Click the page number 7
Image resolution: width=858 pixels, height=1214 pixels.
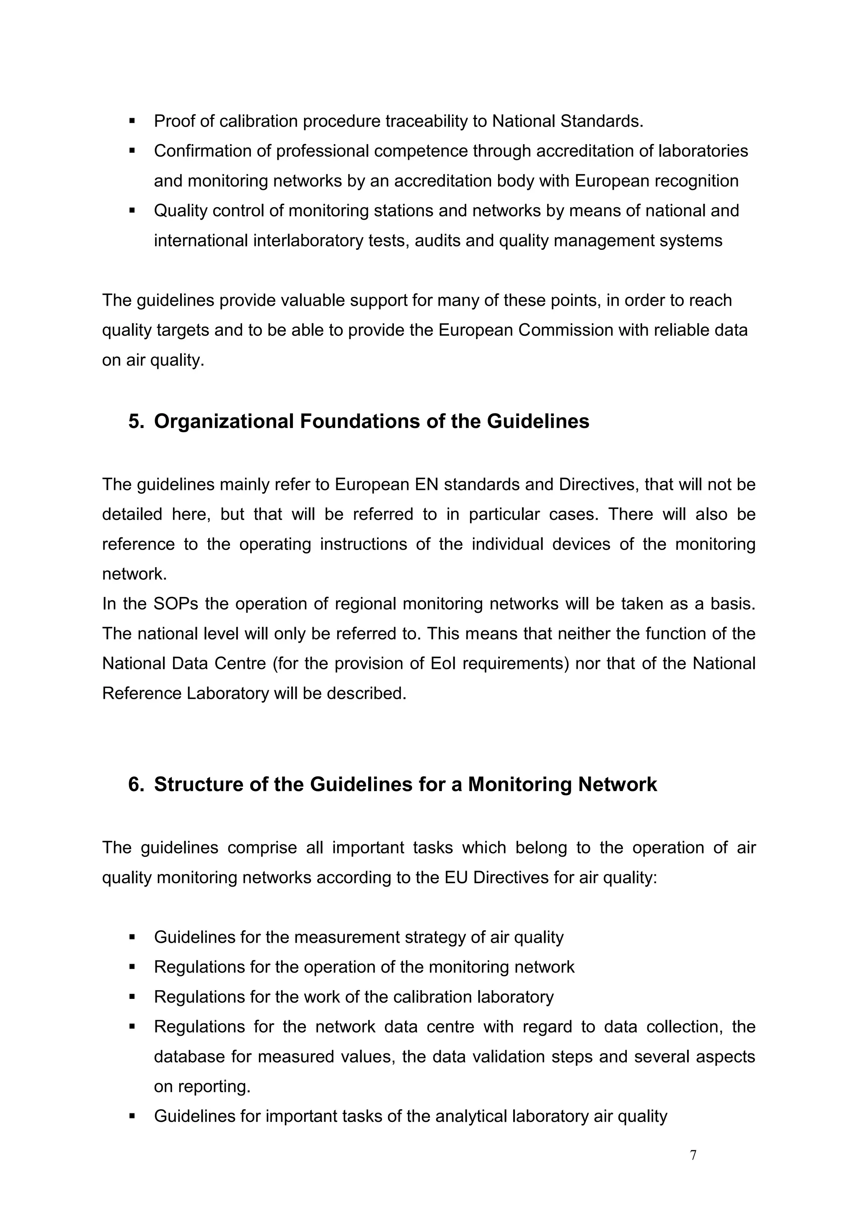pyautogui.click(x=693, y=1155)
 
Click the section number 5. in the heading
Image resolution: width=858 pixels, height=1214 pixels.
pyautogui.click(x=136, y=421)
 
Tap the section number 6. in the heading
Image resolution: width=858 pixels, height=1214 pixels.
pyautogui.click(x=136, y=785)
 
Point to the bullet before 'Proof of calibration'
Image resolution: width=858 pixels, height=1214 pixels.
pyautogui.click(x=132, y=122)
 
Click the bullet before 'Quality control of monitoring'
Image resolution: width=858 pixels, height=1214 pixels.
pyautogui.click(x=132, y=211)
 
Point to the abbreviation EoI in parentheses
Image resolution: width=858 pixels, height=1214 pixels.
pyautogui.click(x=444, y=664)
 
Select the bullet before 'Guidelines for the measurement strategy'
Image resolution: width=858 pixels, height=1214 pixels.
pyautogui.click(x=132, y=937)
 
